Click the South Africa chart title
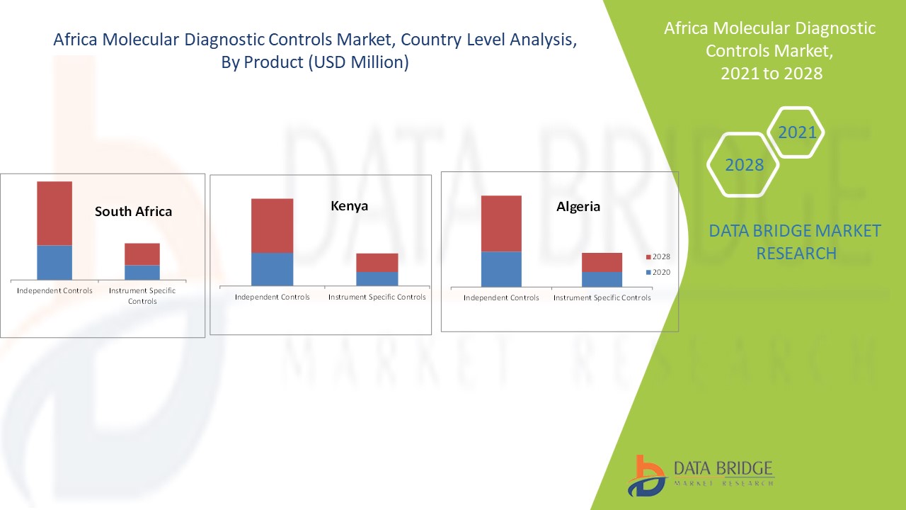click(x=133, y=211)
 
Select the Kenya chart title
click(x=349, y=206)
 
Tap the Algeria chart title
click(x=578, y=207)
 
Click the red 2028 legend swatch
click(x=648, y=257)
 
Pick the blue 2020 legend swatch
click(x=648, y=273)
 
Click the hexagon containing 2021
click(x=796, y=108)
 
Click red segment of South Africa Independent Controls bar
click(x=55, y=213)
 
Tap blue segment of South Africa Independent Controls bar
click(x=55, y=262)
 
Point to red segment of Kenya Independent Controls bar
click(x=273, y=226)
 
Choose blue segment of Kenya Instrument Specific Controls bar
click(x=377, y=279)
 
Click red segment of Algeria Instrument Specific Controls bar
click(x=602, y=262)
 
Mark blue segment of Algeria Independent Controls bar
click(x=501, y=269)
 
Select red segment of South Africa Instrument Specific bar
click(x=142, y=254)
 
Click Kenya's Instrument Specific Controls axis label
click(x=377, y=297)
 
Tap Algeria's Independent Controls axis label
click(x=501, y=298)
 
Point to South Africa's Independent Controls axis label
click(x=55, y=290)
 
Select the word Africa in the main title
click(x=75, y=40)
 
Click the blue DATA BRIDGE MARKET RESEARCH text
click(x=795, y=242)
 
